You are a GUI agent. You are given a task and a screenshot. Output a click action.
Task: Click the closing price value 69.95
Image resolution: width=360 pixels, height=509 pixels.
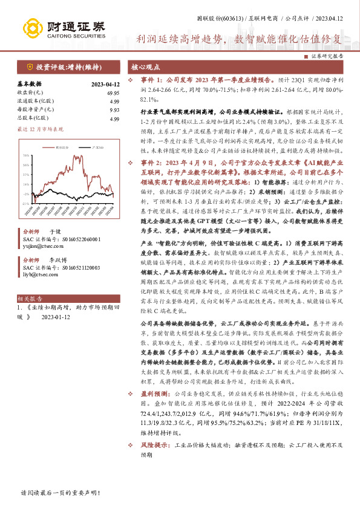pyautogui.click(x=113, y=92)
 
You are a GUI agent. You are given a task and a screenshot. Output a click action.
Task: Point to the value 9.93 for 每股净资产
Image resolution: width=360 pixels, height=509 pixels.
pyautogui.click(x=114, y=111)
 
